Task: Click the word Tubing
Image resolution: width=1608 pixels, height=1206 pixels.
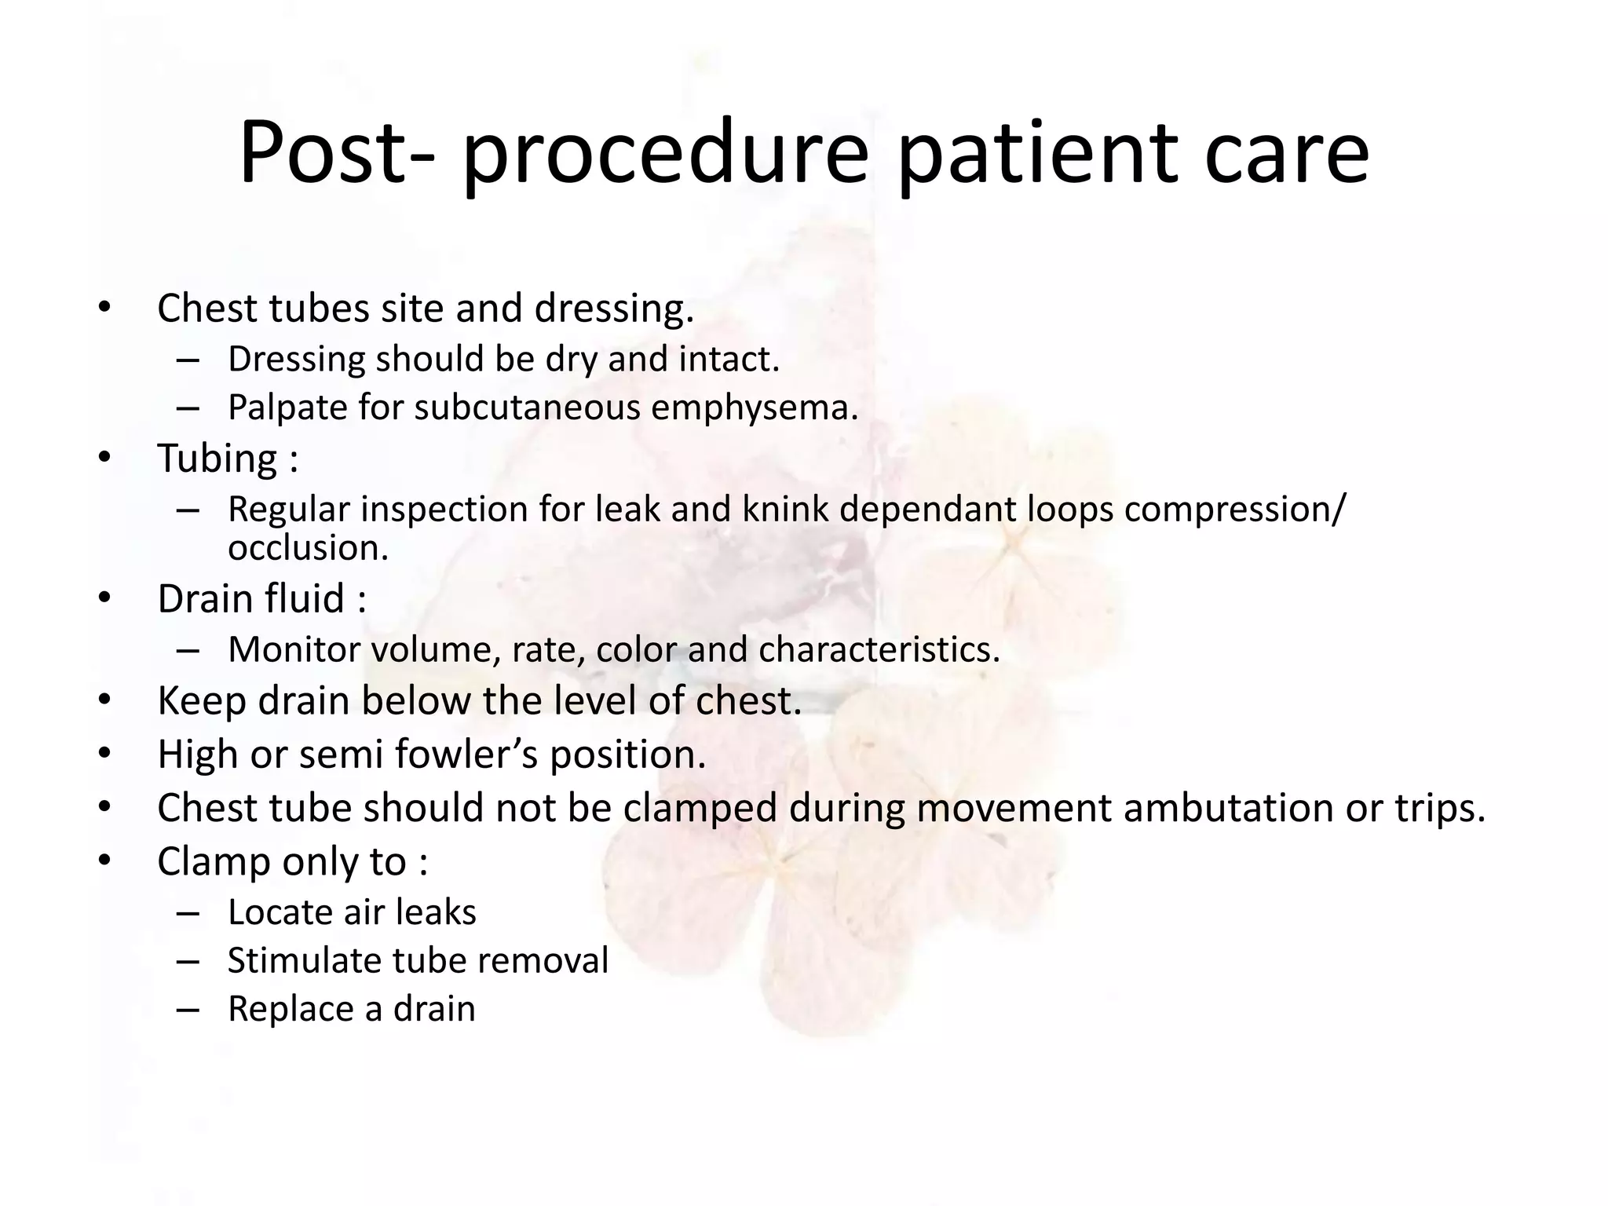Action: (x=217, y=459)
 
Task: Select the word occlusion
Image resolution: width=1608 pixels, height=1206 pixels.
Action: (x=308, y=548)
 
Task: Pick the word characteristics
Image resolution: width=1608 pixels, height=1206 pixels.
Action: (x=879, y=650)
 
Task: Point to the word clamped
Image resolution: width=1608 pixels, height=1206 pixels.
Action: (x=700, y=809)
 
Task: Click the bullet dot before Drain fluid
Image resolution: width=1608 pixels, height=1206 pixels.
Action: (x=105, y=598)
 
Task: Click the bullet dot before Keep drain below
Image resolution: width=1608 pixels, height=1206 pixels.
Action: (x=105, y=700)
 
